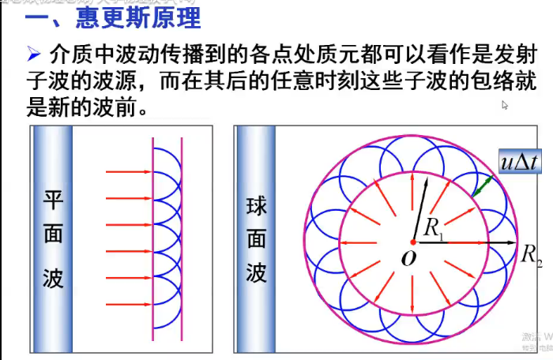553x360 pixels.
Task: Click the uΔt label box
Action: point(519,162)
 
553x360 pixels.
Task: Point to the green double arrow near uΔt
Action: point(483,186)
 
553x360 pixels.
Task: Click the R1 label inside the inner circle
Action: point(434,227)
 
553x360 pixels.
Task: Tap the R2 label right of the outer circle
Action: point(531,254)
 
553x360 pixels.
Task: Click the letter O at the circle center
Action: point(408,259)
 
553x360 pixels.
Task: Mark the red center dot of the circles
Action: point(412,242)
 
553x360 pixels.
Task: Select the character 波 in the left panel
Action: point(53,278)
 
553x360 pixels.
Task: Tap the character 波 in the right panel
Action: point(257,273)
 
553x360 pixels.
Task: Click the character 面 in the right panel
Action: point(257,238)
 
